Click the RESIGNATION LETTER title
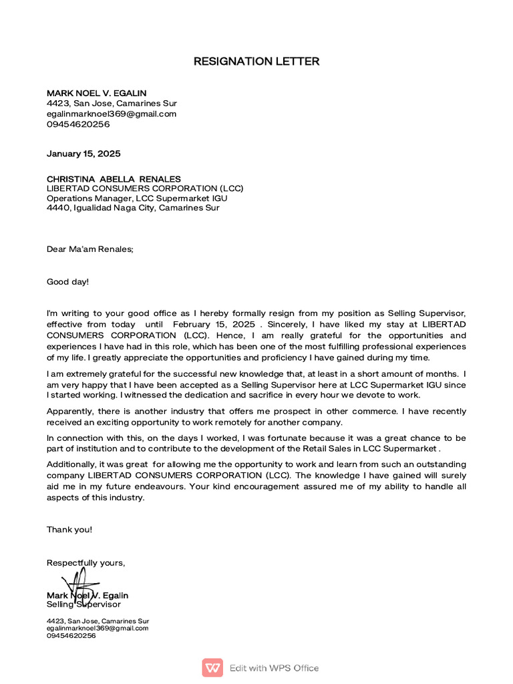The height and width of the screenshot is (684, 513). pos(256,61)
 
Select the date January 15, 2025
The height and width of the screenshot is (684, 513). pos(83,154)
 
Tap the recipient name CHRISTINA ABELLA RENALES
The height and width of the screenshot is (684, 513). pos(114,179)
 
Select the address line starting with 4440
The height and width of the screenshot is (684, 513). pos(132,208)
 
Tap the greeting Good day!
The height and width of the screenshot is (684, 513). pos(67,281)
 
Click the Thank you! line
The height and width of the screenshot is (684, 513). pos(69,529)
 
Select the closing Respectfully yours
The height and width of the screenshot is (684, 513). pos(85,562)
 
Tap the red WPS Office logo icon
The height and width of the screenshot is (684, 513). pos(212,667)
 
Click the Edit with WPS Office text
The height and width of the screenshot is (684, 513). pos(274,668)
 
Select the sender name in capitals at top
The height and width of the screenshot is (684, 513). pos(96,93)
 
